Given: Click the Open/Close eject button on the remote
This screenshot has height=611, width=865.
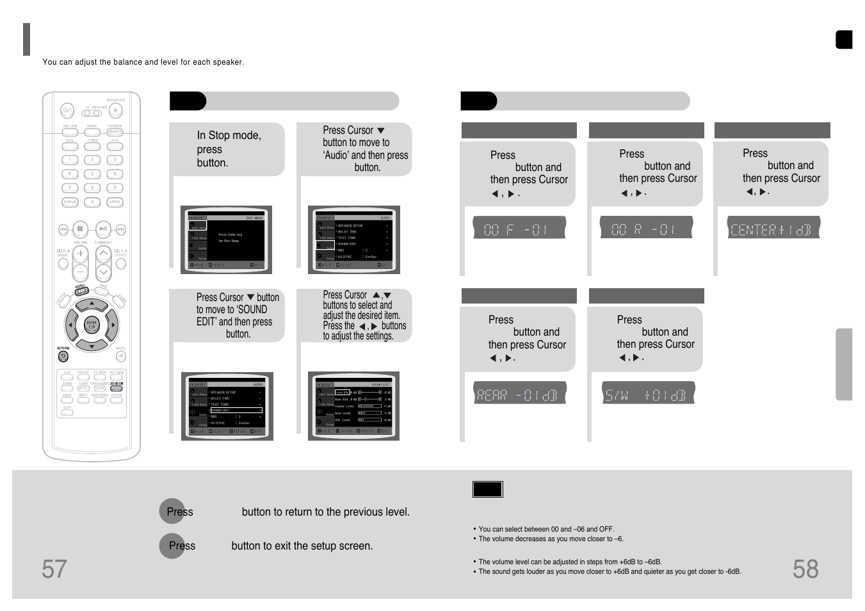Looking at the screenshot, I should [115, 111].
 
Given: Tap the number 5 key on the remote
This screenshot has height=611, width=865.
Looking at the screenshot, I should [92, 174].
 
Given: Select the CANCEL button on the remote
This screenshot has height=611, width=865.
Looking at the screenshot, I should [115, 202].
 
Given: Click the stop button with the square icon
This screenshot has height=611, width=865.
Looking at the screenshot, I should [80, 229].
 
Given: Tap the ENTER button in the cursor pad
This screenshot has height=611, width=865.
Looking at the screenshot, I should [92, 325].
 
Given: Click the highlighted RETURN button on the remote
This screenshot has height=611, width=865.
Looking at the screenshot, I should [63, 356].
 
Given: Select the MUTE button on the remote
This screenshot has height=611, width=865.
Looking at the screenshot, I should [120, 356].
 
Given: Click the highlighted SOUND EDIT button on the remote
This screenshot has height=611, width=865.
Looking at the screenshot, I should [116, 387].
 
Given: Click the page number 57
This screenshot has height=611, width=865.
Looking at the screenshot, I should [54, 569].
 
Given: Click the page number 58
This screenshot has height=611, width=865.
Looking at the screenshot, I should [805, 569].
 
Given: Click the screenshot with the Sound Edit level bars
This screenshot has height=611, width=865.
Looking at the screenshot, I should [354, 406].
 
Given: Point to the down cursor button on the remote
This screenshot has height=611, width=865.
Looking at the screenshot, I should [92, 346].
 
